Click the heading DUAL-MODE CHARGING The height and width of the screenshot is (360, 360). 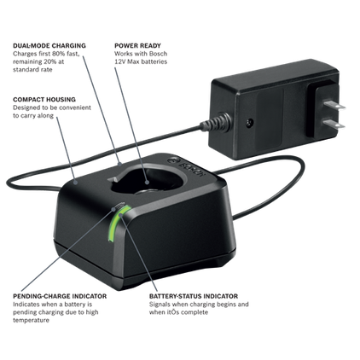pyautogui.click(x=49, y=45)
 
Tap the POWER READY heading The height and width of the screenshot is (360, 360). pyautogui.click(x=137, y=45)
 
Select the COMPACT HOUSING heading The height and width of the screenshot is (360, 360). pyautogui.click(x=44, y=100)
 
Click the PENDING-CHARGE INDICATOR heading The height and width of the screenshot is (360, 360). pyautogui.click(x=60, y=296)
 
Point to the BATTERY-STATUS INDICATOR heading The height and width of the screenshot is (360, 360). pyautogui.click(x=194, y=296)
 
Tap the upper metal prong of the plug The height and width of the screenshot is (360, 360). pyautogui.click(x=334, y=105)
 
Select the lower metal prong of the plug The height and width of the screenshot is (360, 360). pyautogui.click(x=334, y=124)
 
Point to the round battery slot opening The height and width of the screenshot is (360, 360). pyautogui.click(x=148, y=182)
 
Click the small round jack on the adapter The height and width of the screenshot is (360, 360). pyautogui.click(x=249, y=123)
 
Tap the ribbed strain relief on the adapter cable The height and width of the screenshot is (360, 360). pyautogui.click(x=216, y=123)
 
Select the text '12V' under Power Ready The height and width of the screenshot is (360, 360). pyautogui.click(x=120, y=61)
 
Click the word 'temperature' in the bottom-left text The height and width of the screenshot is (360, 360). pyautogui.click(x=31, y=320)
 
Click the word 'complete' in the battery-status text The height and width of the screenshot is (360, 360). pyautogui.click(x=195, y=312)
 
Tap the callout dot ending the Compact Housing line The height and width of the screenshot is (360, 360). pyautogui.click(x=75, y=183)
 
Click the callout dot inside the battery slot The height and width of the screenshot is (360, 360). pyautogui.click(x=147, y=183)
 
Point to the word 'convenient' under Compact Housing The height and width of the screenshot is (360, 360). pyautogui.click(x=75, y=107)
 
